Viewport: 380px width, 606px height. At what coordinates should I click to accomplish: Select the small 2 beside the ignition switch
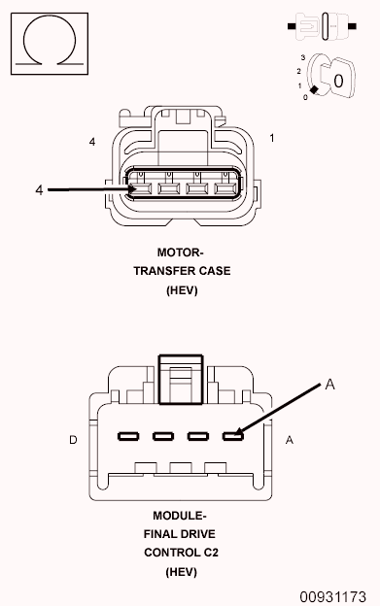298,72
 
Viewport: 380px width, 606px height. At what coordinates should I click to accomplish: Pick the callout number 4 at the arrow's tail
39,190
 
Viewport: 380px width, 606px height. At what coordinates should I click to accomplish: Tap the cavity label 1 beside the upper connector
271,139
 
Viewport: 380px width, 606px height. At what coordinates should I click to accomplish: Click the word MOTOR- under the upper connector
182,252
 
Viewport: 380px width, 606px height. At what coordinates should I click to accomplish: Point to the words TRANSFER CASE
182,271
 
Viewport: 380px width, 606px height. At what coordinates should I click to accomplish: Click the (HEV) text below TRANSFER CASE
182,289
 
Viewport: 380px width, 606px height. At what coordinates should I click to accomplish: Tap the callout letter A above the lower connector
329,385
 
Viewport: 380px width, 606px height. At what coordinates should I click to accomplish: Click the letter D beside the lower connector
73,441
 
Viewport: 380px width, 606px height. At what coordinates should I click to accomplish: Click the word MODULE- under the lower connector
180,516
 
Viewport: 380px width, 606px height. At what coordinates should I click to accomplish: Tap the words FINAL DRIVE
180,534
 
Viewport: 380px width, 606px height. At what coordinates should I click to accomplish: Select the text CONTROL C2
180,553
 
